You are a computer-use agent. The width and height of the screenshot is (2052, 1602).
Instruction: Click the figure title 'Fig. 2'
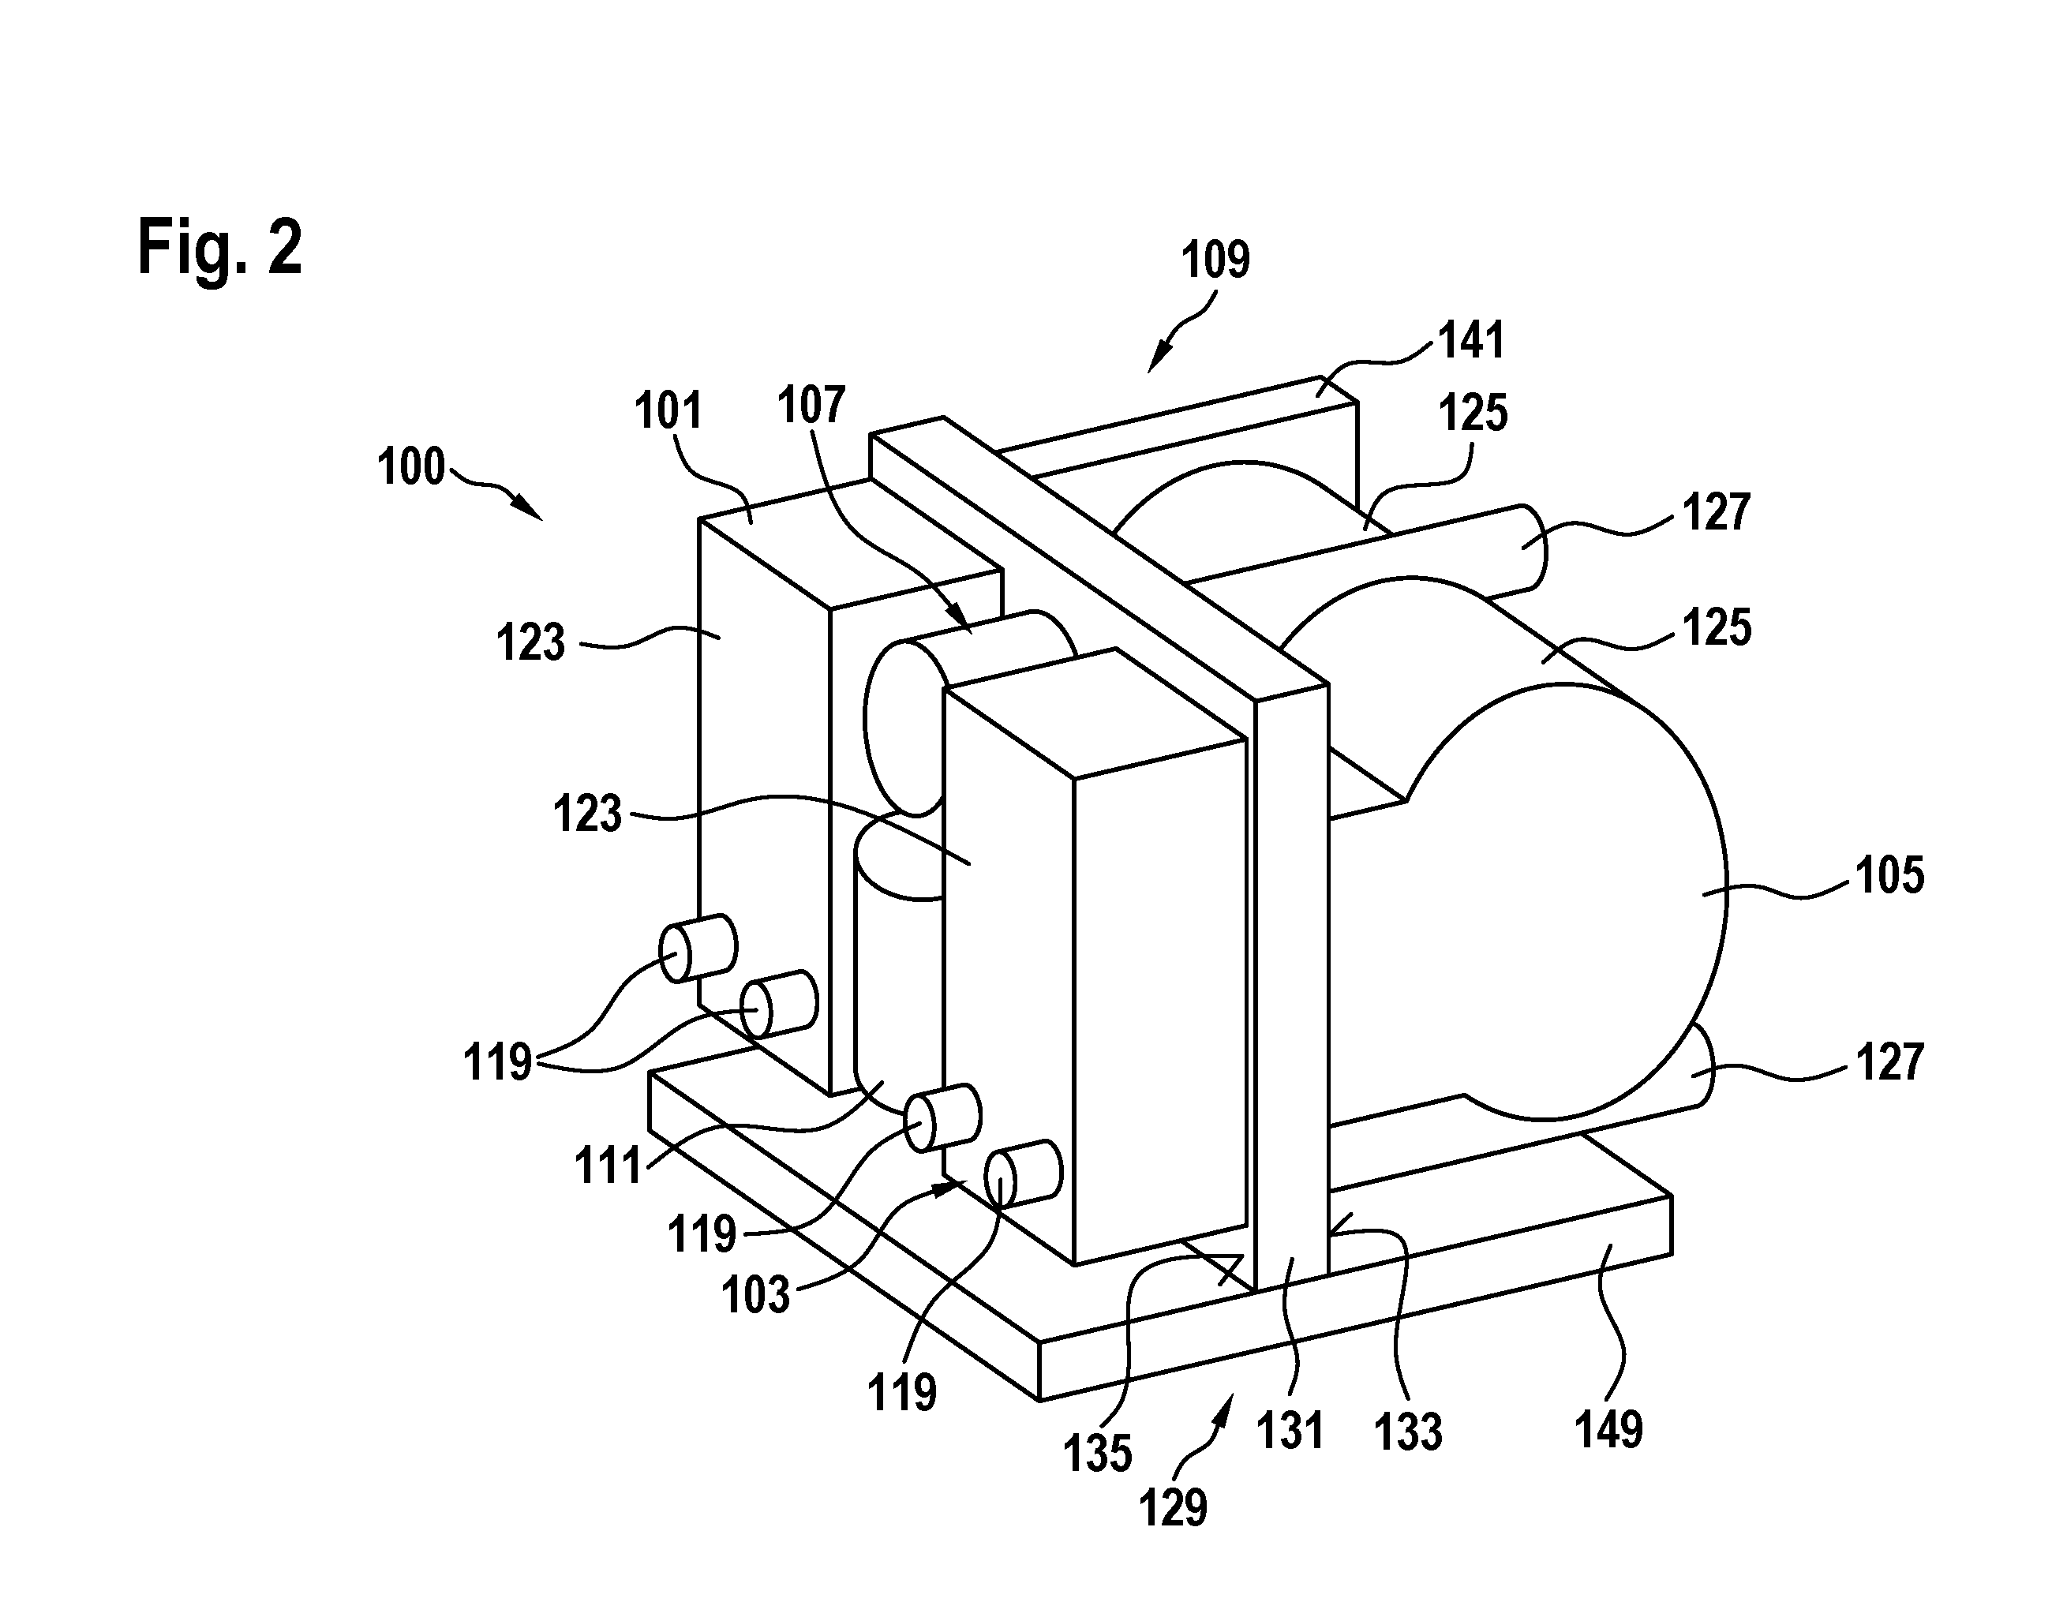[x=220, y=246]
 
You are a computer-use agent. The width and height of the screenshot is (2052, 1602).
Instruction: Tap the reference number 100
[x=410, y=467]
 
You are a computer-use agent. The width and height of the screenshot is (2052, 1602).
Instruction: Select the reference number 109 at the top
[x=1215, y=260]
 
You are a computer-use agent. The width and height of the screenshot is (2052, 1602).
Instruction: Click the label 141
[x=1472, y=339]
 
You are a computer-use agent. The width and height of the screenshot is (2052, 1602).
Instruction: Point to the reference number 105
[x=1889, y=874]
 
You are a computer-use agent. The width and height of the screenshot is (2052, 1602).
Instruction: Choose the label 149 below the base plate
[x=1608, y=1429]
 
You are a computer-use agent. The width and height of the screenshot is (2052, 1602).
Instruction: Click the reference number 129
[x=1173, y=1508]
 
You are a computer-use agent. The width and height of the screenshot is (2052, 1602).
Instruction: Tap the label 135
[x=1097, y=1454]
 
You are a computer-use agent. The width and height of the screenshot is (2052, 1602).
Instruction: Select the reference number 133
[x=1407, y=1433]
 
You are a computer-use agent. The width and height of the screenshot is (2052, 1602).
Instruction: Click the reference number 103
[x=755, y=1295]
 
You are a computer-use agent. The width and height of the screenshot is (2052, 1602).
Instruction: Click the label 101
[x=668, y=410]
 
